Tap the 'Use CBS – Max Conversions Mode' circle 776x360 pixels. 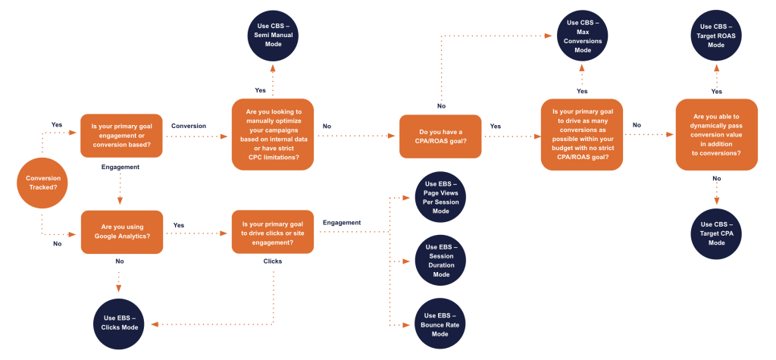[583, 34]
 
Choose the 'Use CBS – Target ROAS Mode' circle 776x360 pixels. [716, 34]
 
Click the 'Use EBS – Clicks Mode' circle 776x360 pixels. [120, 322]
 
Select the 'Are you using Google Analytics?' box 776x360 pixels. [121, 231]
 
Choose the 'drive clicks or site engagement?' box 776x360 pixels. [272, 231]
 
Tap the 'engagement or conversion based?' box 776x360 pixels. [121, 136]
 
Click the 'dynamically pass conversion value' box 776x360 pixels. [716, 135]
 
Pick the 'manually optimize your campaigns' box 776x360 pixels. [272, 135]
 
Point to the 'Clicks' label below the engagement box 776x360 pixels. [272, 261]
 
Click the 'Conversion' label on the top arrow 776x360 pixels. [189, 126]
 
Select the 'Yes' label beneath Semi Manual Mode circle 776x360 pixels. [260, 89]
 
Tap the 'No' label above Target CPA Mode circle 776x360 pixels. [716, 179]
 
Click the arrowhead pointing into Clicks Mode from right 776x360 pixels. [155, 324]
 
